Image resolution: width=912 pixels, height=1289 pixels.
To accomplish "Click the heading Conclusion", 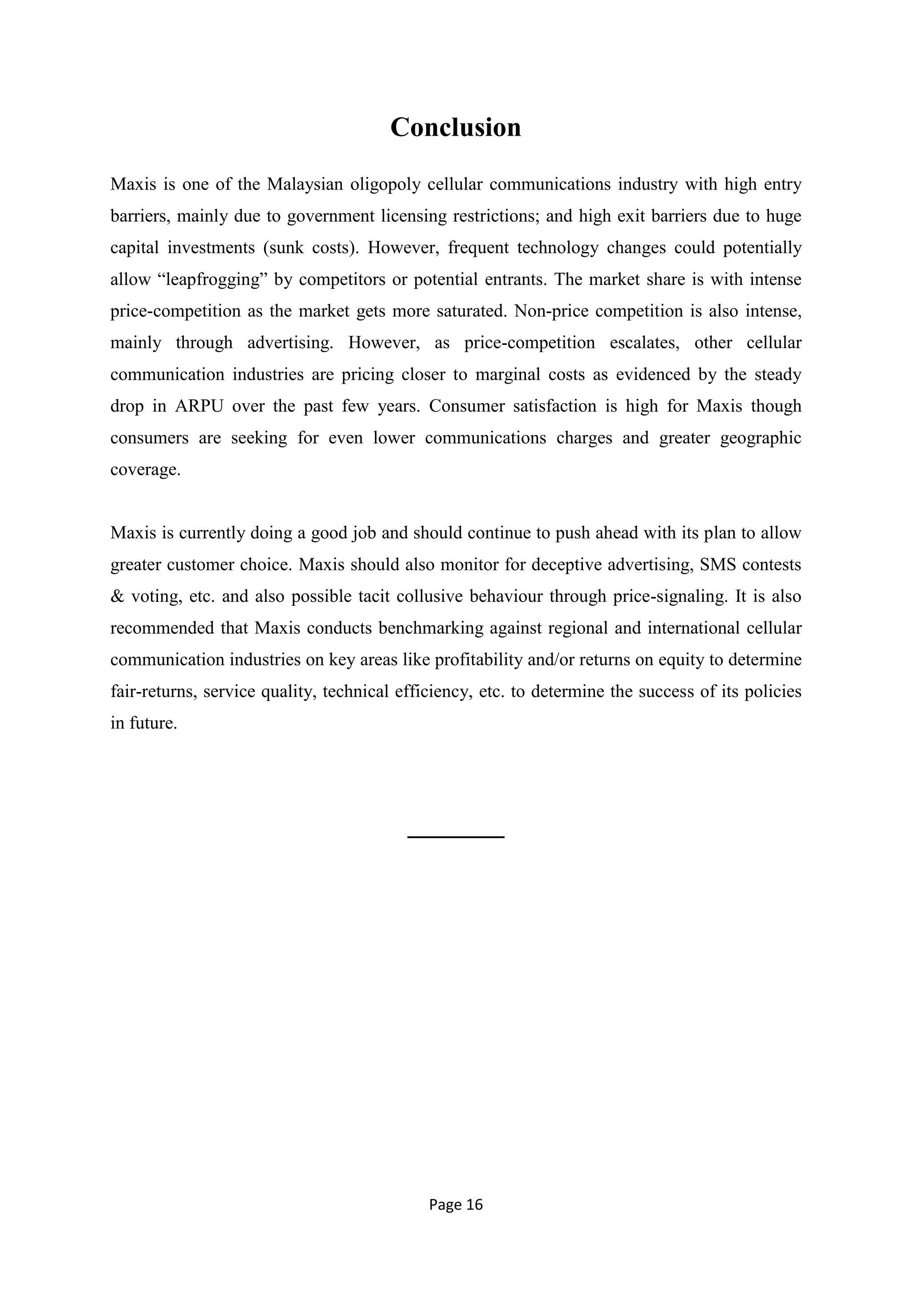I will [x=456, y=127].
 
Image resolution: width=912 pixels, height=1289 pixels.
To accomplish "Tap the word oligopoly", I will [x=385, y=185].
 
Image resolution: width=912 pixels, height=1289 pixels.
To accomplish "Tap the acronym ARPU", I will [x=199, y=406].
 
